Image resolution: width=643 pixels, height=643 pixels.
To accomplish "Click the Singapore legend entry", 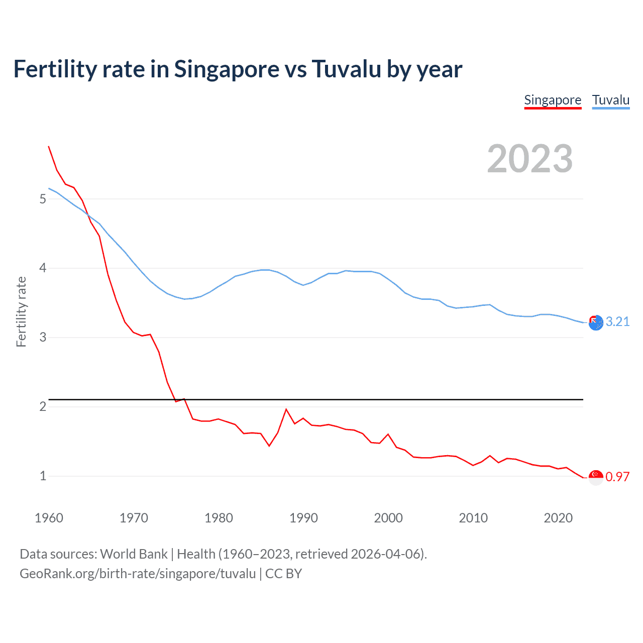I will coord(553,100).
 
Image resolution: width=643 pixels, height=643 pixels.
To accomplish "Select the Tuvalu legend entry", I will coord(610,100).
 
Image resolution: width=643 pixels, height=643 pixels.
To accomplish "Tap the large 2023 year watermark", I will coord(529,159).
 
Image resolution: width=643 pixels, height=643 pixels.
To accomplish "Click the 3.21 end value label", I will coord(617,322).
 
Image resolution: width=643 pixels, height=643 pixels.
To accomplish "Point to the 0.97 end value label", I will coord(617,477).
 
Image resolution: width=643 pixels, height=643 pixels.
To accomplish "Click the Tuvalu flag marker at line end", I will coord(596,323).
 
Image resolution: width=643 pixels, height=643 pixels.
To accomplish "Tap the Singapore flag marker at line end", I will coord(596,477).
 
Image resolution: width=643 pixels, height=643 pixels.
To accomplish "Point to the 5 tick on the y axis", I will coord(43,199).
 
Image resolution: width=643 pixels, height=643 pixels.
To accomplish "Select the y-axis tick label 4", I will coord(43,268).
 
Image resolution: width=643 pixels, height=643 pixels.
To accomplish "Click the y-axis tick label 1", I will coord(43,476).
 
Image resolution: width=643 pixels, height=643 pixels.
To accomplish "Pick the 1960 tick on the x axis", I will coord(49,518).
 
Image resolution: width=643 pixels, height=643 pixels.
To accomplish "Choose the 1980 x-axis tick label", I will coord(219,518).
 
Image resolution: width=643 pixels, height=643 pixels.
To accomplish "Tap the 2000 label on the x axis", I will coord(388,518).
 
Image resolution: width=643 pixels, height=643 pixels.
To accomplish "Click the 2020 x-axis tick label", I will coord(558,518).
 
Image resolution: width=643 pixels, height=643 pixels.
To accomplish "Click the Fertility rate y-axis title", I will coord(21,311).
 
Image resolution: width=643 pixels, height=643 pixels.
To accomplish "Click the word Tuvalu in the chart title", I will coord(346,69).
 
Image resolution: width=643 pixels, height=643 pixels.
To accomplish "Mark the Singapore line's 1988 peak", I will coord(286,409).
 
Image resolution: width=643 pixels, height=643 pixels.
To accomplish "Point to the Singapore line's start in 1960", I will coord(49,146).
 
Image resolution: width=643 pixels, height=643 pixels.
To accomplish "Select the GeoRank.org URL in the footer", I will coord(138,574).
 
